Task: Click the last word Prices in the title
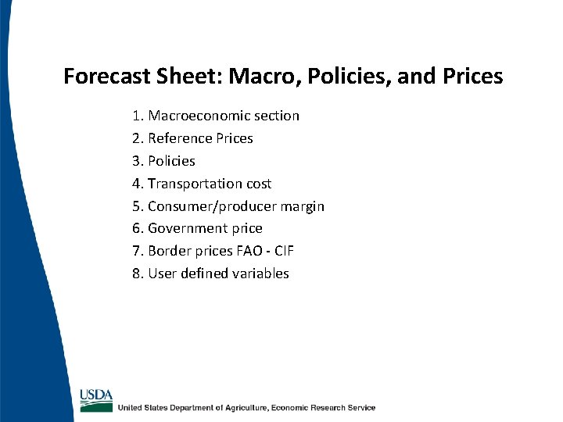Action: point(472,77)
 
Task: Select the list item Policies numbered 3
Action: point(171,161)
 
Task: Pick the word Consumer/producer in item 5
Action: point(207,206)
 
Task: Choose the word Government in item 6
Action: point(186,228)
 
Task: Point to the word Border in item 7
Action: point(168,251)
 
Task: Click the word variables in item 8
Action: point(260,274)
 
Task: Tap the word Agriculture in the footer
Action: point(242,407)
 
